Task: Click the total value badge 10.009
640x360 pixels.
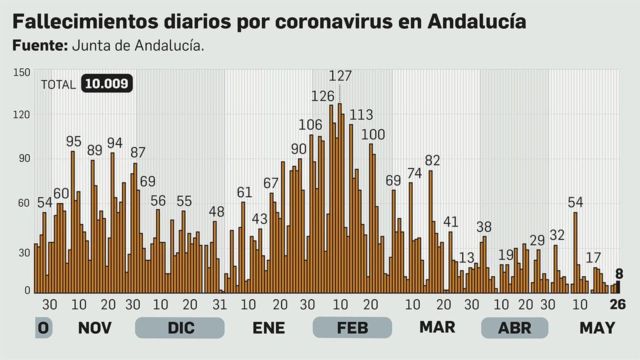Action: pos(106,84)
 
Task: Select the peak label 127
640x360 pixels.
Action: pos(340,76)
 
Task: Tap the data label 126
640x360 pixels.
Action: pos(322,96)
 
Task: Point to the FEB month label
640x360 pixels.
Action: pos(352,328)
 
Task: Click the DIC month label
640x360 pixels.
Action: pos(181,328)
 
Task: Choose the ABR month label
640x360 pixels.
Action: pos(514,328)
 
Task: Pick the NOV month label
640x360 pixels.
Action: pos(94,328)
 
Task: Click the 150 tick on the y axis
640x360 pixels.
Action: pos(22,72)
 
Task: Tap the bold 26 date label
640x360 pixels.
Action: pos(617,304)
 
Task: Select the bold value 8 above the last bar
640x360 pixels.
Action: pos(619,274)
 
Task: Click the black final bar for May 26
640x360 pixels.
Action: pos(618,287)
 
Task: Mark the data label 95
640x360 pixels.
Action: pos(74,142)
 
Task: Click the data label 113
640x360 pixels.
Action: pos(361,115)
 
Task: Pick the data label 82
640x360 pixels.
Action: pos(432,160)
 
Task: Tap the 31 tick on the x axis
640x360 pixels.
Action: pos(220,305)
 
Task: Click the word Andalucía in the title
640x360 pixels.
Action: pos(476,22)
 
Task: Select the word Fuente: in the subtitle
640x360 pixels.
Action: pos(40,46)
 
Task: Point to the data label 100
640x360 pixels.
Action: pos(373,134)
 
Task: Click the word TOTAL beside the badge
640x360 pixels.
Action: pos(58,84)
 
